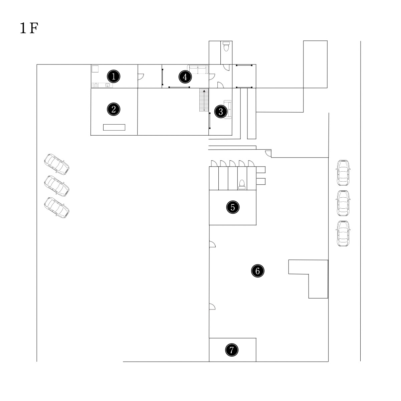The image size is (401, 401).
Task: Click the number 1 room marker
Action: tap(114, 76)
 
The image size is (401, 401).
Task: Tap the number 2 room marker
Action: tap(114, 109)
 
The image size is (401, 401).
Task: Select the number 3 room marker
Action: tap(221, 112)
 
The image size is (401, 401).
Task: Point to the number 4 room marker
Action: tap(185, 77)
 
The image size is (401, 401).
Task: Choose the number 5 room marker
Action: tap(233, 207)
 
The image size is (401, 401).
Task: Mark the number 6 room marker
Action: tap(258, 271)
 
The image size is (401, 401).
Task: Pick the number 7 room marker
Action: tap(232, 350)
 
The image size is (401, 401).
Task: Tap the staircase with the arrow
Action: tap(204, 100)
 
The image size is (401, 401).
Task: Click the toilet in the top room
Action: tap(226, 46)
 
